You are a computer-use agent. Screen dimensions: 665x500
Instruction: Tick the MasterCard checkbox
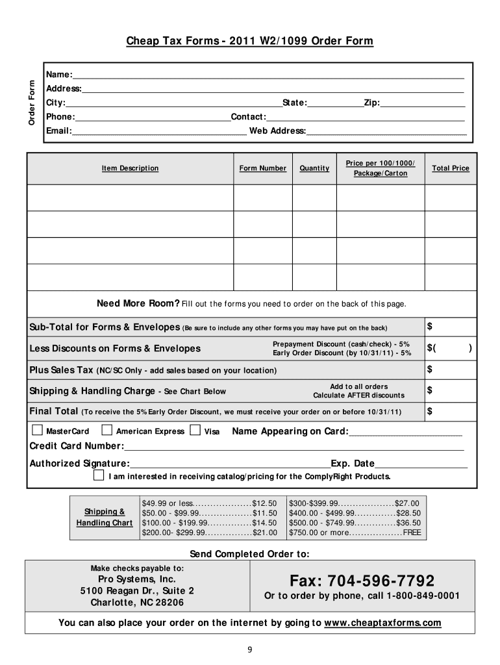click(x=37, y=430)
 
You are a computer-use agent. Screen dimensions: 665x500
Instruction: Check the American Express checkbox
click(x=107, y=430)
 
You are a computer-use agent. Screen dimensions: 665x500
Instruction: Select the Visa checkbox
click(x=195, y=430)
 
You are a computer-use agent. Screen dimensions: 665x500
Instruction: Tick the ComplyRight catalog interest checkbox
click(x=98, y=476)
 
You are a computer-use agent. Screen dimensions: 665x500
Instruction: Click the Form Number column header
click(x=262, y=168)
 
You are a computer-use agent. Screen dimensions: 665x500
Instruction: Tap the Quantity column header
click(x=314, y=168)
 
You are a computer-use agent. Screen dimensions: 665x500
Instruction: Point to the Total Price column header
click(x=450, y=168)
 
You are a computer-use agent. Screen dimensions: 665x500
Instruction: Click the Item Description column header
click(x=130, y=168)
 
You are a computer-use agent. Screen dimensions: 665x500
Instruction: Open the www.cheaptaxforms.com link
click(x=382, y=623)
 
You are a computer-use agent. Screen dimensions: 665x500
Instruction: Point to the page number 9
click(x=250, y=649)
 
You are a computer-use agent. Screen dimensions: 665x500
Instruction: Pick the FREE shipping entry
click(x=412, y=533)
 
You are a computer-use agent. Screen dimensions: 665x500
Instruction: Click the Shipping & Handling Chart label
click(x=104, y=517)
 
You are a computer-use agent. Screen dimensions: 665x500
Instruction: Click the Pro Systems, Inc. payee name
click(x=137, y=579)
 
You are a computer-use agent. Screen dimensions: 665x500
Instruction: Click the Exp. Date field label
click(x=353, y=464)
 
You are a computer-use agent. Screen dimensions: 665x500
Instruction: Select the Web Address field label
click(x=278, y=131)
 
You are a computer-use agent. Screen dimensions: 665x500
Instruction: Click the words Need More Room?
click(x=138, y=303)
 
